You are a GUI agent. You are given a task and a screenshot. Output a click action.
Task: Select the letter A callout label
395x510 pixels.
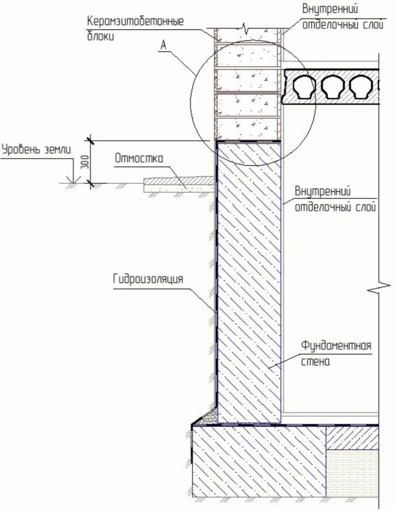click(163, 45)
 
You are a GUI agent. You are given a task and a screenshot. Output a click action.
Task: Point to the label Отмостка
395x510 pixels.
click(139, 159)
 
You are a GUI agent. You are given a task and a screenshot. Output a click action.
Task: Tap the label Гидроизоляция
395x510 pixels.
click(148, 279)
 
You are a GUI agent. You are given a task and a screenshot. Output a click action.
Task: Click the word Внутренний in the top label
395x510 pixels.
click(330, 9)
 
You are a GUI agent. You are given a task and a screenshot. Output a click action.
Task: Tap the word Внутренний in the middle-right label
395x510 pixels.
click(322, 192)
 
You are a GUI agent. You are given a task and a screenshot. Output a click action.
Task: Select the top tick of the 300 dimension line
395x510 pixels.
click(89, 140)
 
